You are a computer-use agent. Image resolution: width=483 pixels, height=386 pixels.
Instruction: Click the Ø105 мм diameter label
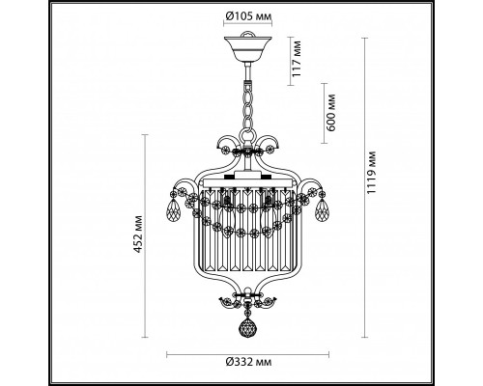click(244, 15)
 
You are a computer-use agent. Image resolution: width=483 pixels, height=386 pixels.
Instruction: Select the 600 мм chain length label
click(331, 114)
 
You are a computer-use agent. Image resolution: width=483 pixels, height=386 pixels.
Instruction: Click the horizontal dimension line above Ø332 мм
click(244, 351)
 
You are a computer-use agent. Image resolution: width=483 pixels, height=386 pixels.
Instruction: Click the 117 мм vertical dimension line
click(287, 57)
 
